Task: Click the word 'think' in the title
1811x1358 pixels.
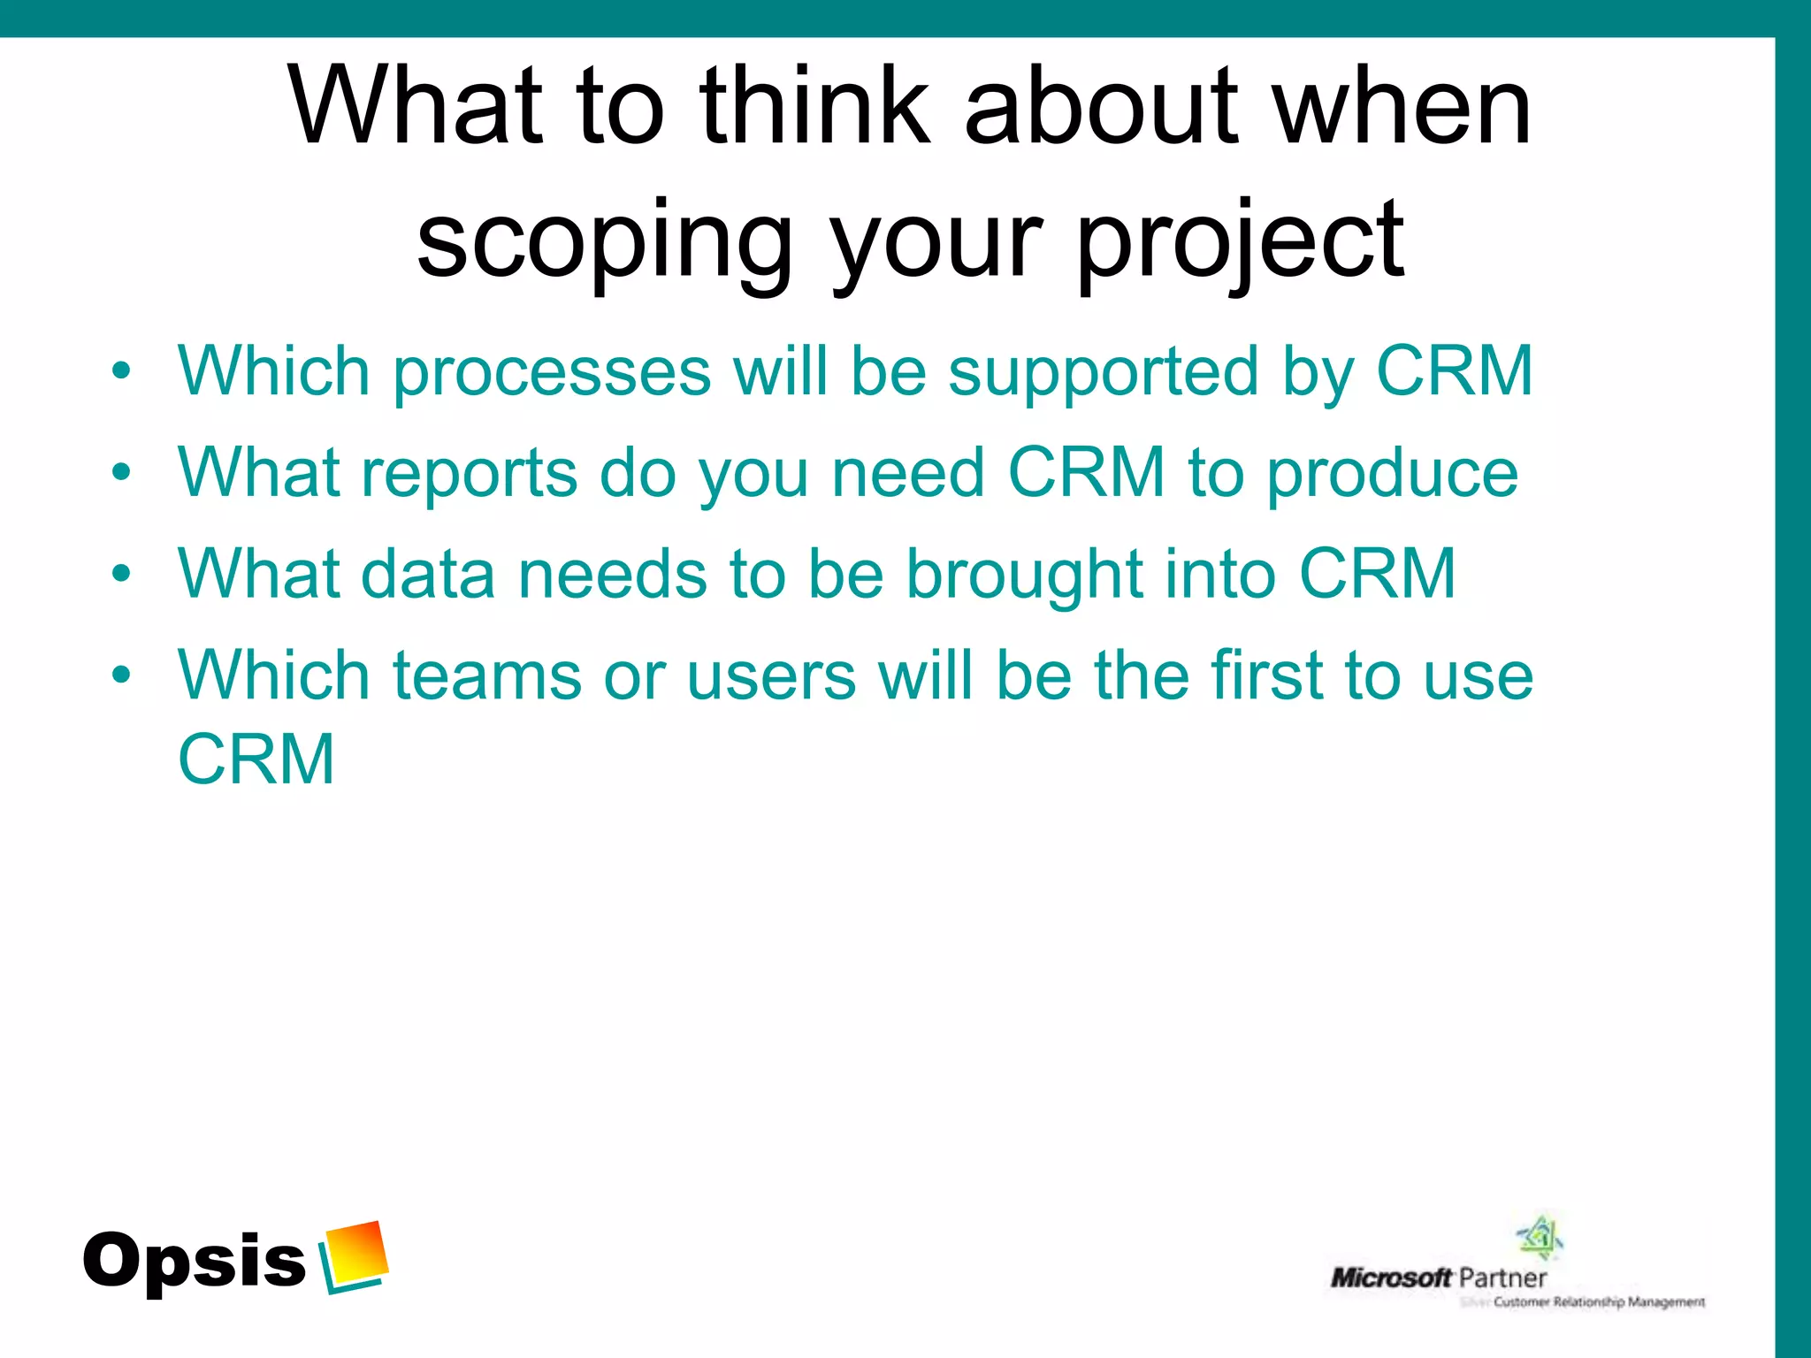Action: point(814,108)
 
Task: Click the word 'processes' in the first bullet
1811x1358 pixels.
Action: point(552,371)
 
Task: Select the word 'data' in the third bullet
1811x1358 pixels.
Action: point(427,575)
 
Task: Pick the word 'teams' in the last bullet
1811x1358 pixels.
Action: point(486,676)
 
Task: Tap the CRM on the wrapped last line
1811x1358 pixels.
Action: point(256,759)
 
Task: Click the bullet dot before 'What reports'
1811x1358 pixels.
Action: point(121,472)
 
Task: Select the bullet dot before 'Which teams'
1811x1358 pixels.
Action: point(121,675)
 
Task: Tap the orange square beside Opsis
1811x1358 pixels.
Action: point(356,1253)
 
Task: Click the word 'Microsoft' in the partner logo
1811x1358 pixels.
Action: point(1391,1278)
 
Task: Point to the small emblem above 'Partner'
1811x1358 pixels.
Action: point(1540,1237)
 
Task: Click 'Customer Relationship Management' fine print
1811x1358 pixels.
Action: point(1599,1302)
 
